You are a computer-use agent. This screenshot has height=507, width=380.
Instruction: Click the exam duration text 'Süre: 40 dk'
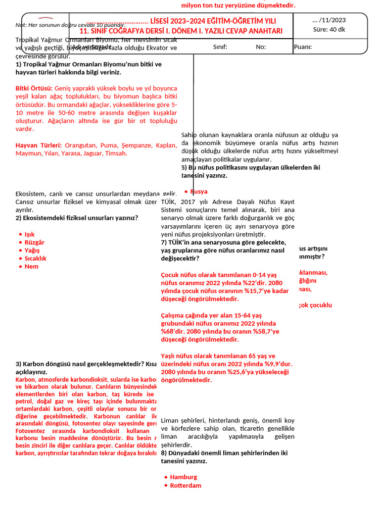(329, 29)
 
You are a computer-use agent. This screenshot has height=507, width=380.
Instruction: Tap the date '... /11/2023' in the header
(329, 20)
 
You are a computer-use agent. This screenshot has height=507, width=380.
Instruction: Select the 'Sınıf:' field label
(220, 47)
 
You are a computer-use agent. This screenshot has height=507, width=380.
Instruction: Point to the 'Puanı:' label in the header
(303, 47)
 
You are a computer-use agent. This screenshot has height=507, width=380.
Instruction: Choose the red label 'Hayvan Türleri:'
(39, 145)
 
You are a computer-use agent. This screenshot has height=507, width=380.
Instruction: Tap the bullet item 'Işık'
(30, 234)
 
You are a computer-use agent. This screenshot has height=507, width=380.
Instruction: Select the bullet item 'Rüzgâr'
(34, 242)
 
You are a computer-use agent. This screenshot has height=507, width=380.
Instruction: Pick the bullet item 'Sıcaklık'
(35, 258)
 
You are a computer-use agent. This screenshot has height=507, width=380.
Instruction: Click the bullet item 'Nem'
(31, 266)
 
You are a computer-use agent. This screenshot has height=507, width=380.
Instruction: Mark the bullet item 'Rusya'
(199, 192)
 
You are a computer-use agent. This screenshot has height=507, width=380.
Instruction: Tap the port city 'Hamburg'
(184, 477)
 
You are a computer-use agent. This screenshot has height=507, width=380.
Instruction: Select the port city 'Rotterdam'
(186, 485)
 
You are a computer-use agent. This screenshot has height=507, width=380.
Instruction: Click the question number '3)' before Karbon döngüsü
(19, 364)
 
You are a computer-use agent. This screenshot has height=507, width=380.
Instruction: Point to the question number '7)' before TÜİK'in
(164, 243)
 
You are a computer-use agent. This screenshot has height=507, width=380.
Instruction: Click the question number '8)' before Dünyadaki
(164, 453)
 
